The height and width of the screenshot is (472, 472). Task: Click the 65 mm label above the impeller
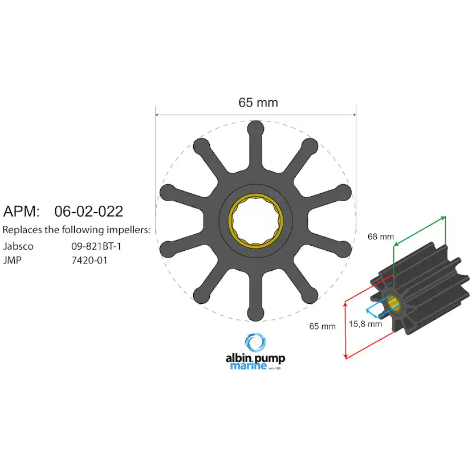[258, 103]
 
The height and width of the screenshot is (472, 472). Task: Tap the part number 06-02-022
[88, 211]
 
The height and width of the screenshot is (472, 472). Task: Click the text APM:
[22, 211]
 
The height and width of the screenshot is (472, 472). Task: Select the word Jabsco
[18, 247]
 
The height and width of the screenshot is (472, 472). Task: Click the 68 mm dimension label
[381, 236]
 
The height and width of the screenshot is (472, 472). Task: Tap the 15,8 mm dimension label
[365, 324]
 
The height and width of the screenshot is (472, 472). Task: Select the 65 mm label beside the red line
[323, 326]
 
